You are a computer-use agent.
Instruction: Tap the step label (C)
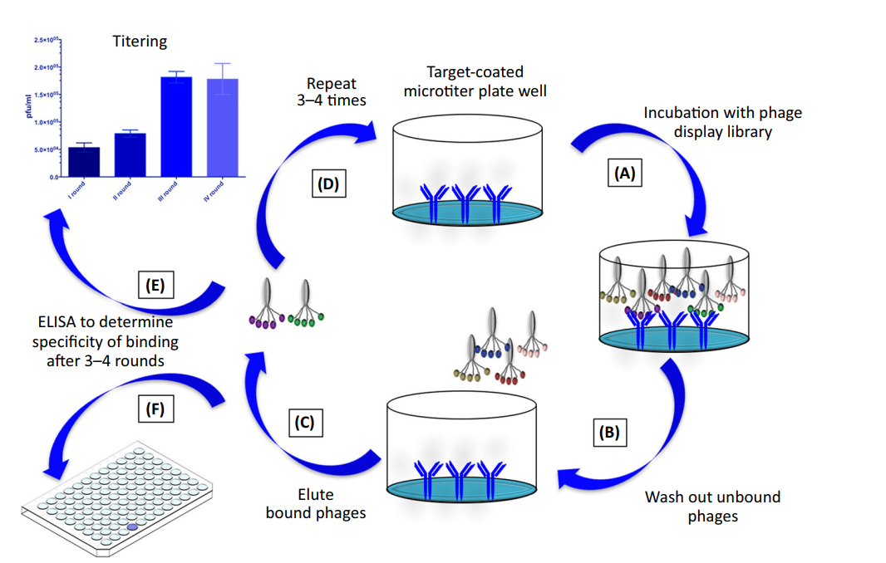(x=305, y=423)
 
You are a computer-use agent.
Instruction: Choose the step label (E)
(x=157, y=285)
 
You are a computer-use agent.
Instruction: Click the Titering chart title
(x=140, y=41)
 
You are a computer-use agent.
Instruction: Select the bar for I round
(x=84, y=162)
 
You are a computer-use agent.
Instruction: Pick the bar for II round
(x=130, y=155)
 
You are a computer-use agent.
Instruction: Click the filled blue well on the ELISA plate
(x=132, y=526)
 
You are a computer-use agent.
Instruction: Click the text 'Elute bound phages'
(x=316, y=504)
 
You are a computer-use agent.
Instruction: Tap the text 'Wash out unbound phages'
(x=712, y=507)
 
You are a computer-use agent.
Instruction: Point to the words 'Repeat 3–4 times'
(x=331, y=92)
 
